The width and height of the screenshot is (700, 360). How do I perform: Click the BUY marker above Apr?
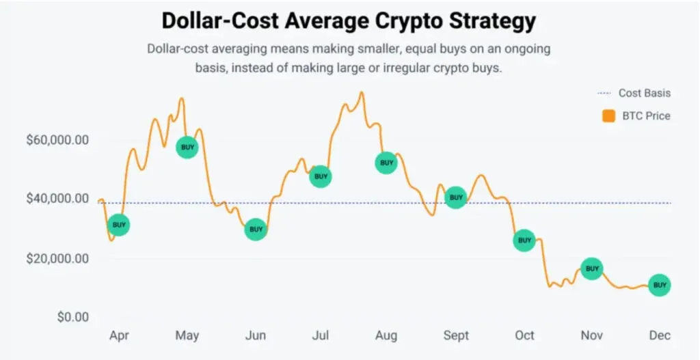coord(119,225)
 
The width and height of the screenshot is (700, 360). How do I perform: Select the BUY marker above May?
coord(187,147)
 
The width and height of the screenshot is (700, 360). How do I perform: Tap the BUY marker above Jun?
coord(256,230)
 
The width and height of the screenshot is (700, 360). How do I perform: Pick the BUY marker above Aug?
coord(386,163)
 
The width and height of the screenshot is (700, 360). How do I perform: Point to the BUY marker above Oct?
coord(524,240)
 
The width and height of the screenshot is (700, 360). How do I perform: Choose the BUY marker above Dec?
coord(659,285)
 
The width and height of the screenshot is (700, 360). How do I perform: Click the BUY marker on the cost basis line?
coord(455,197)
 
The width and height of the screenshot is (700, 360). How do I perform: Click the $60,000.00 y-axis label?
coord(57,140)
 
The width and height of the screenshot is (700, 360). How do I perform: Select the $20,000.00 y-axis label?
coord(57,259)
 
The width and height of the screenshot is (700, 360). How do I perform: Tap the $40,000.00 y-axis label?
coord(57,199)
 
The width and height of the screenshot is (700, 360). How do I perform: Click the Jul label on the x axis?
coord(321,335)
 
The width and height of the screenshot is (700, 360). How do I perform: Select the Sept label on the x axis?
coord(456,335)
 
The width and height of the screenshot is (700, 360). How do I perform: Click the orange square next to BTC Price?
coord(608,116)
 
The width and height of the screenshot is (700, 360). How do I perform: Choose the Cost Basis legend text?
coord(645,93)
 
